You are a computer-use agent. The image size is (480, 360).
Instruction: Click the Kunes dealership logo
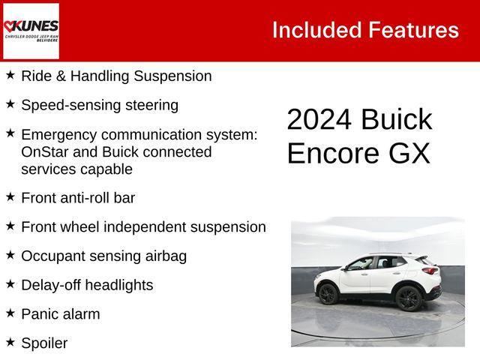[31, 31]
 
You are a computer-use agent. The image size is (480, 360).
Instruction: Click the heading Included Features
[365, 30]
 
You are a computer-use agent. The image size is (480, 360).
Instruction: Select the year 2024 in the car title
[319, 121]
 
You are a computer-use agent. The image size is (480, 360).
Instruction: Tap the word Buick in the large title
[396, 121]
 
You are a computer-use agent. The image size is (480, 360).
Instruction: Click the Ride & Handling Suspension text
[116, 76]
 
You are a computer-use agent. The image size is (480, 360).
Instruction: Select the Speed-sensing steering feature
[100, 105]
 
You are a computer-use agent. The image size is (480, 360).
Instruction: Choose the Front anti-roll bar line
[78, 198]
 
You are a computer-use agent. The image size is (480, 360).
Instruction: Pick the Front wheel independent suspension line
[143, 226]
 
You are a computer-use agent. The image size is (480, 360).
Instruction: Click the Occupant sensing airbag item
[103, 256]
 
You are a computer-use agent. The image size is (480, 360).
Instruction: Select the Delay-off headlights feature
[87, 285]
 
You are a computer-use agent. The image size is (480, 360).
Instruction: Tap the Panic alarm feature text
[60, 314]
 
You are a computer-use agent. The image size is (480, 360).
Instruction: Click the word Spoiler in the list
[44, 343]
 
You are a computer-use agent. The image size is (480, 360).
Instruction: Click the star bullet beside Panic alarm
[10, 313]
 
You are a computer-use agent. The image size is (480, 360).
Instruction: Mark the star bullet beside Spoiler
[10, 342]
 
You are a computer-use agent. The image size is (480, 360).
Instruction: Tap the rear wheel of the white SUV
[407, 298]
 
